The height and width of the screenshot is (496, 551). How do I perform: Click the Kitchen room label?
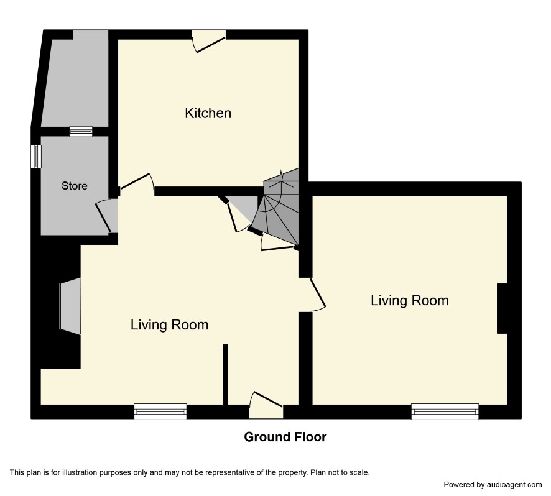point(208,113)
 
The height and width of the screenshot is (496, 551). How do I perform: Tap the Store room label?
point(75,185)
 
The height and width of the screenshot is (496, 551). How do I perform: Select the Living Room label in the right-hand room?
point(410,301)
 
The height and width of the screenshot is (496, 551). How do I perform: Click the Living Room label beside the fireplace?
point(169,324)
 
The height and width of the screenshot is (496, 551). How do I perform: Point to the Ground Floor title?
point(285,437)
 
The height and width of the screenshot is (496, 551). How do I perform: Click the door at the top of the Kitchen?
point(209,42)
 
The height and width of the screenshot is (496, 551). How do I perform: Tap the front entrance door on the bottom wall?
point(266,405)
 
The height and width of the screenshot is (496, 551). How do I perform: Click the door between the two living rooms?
point(317,295)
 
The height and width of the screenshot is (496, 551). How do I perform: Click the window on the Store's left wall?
point(36,156)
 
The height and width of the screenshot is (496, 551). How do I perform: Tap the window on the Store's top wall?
point(81,131)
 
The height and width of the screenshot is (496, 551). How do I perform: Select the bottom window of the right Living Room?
point(445,411)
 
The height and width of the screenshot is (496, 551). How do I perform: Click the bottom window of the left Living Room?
point(160,411)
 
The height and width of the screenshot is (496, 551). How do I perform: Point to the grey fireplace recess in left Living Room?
point(70,306)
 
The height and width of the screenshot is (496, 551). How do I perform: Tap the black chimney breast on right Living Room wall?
point(502,308)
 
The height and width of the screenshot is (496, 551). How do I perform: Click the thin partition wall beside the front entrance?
point(226,374)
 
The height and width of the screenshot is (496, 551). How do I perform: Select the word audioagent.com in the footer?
point(514,485)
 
